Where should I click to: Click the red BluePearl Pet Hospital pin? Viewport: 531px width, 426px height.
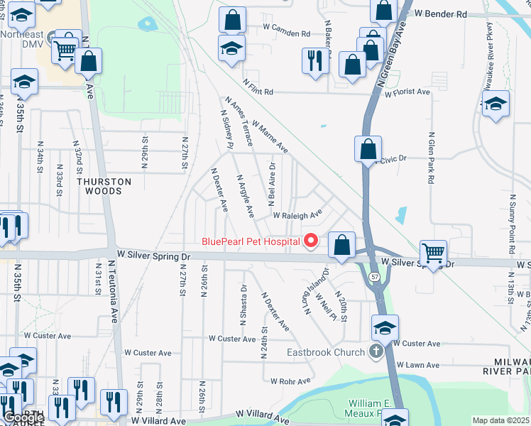click(310, 242)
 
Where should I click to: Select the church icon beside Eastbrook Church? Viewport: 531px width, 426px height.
click(376, 351)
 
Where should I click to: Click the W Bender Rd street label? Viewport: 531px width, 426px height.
click(441, 13)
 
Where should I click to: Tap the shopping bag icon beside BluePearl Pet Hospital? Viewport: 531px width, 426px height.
click(342, 246)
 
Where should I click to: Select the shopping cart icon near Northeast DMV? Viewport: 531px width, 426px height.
click(65, 49)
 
